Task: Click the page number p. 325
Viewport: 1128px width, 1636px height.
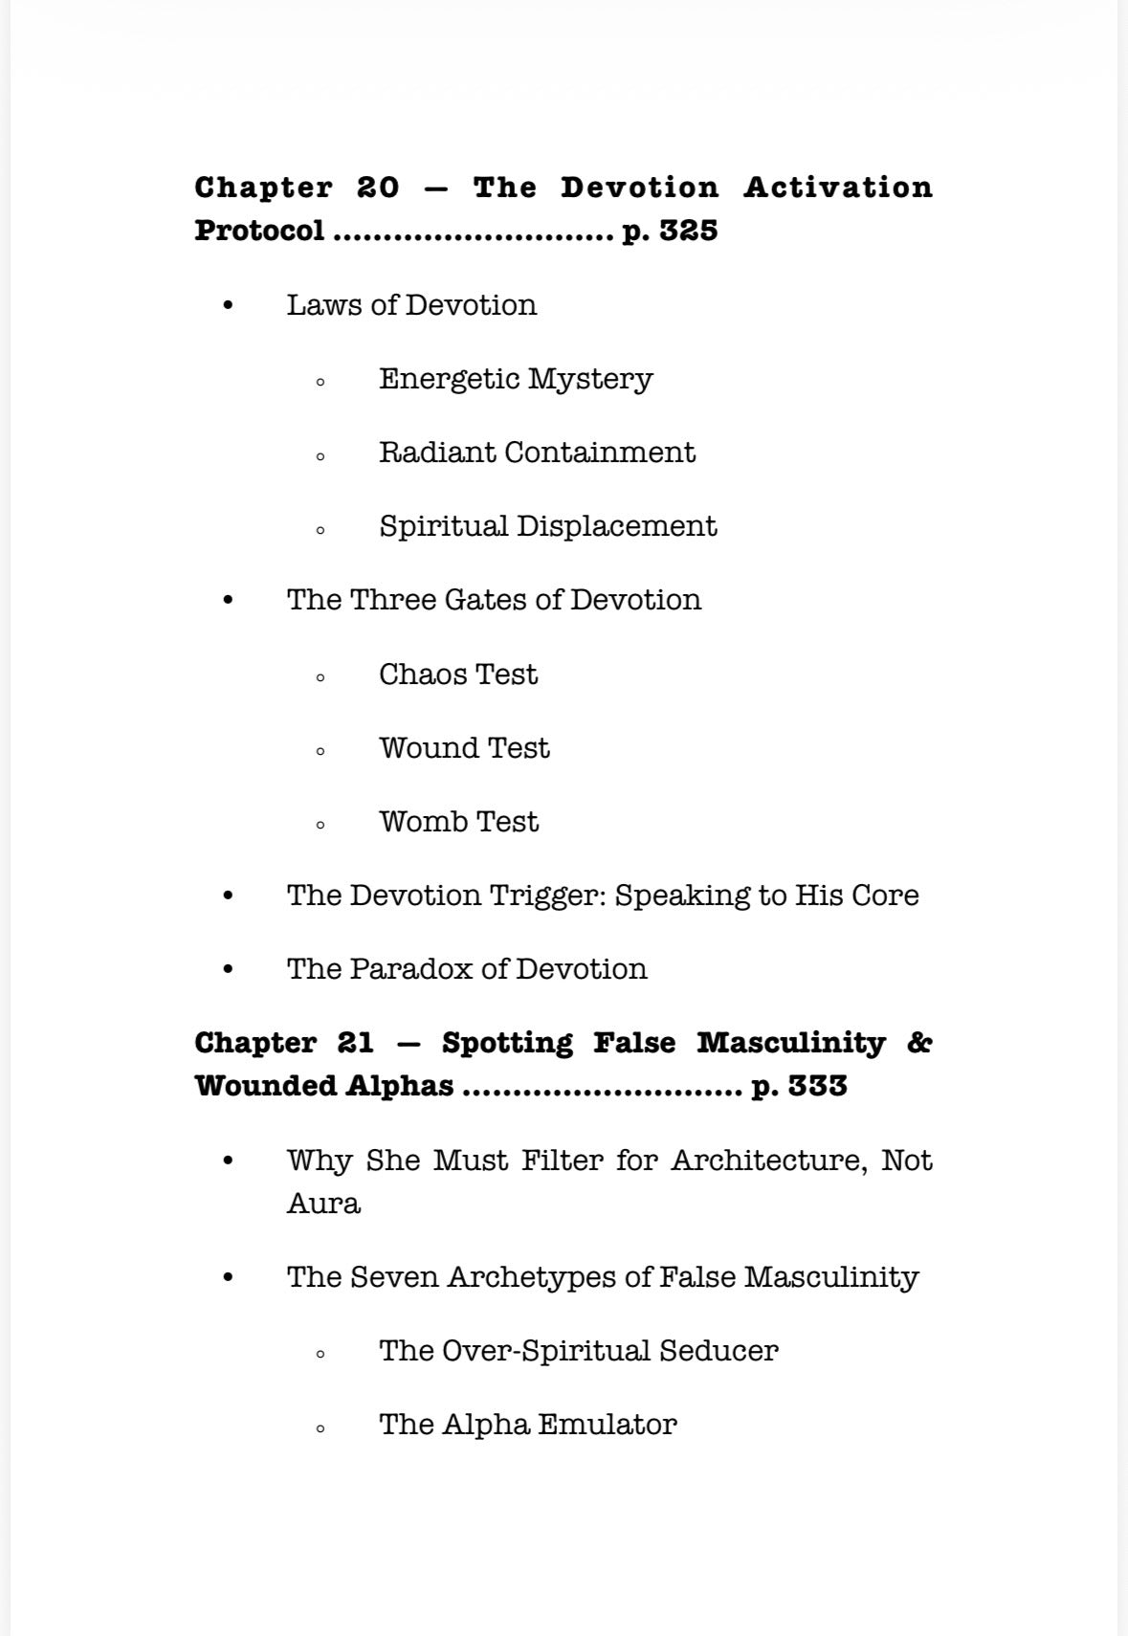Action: [670, 231]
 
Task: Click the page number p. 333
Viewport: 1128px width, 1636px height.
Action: [799, 1086]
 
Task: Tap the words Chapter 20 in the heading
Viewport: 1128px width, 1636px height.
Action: [297, 188]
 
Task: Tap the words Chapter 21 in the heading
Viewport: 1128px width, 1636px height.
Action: [284, 1043]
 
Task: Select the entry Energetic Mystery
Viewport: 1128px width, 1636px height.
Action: [515, 379]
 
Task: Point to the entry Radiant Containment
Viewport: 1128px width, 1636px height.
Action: [536, 453]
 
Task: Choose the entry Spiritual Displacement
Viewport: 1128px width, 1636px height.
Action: [547, 526]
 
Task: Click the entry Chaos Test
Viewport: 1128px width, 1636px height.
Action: [457, 674]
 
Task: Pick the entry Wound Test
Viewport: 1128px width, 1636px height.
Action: [464, 748]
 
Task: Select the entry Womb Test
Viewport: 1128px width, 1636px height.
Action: [458, 822]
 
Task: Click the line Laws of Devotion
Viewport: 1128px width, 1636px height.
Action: [411, 305]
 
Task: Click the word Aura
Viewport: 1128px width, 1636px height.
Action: [323, 1204]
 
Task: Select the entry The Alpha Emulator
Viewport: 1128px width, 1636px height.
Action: [527, 1425]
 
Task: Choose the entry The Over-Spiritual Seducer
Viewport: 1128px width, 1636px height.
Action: [578, 1351]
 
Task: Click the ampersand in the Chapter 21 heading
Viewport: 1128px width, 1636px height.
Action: [918, 1043]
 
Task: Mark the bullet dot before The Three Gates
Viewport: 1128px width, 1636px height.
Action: [228, 601]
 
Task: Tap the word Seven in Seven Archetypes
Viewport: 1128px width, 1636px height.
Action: [395, 1277]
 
